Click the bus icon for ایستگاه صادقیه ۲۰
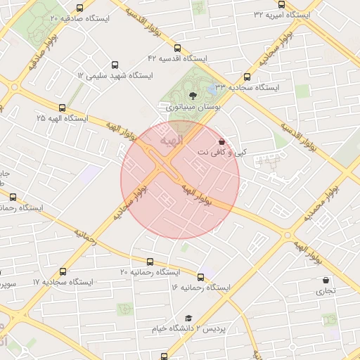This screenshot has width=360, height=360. (x=79, y=8)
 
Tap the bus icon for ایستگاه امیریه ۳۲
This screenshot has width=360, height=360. (x=281, y=5)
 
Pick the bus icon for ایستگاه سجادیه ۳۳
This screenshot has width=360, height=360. (x=247, y=77)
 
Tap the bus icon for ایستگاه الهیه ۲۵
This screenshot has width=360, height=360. (x=63, y=108)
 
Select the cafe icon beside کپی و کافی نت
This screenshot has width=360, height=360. (x=222, y=141)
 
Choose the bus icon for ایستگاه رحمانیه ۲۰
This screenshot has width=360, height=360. (x=150, y=262)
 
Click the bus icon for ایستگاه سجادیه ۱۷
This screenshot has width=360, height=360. (x=63, y=271)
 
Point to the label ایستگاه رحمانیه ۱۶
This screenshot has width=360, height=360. (x=201, y=288)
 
